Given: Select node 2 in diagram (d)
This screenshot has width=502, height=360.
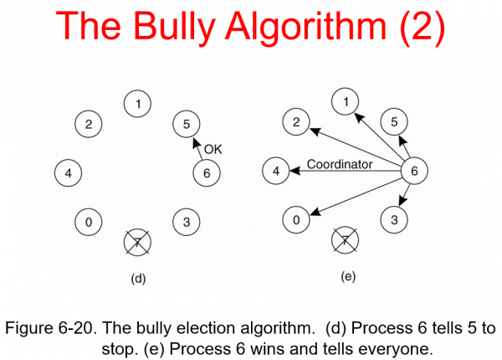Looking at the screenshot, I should point(89,125).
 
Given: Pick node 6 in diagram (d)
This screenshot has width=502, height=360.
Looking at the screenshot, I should point(205,173).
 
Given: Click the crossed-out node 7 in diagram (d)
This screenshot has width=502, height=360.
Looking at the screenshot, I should point(136,243).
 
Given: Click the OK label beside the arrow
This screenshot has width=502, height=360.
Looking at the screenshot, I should point(213,150).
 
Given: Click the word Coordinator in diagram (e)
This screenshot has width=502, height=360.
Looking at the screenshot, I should point(340,165).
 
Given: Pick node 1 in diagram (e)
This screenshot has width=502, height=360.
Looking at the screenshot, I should point(343,103).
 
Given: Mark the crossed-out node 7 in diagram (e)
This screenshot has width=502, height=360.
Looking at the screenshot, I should point(343,241).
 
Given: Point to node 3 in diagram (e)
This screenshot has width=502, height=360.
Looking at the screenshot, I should point(392,221).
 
